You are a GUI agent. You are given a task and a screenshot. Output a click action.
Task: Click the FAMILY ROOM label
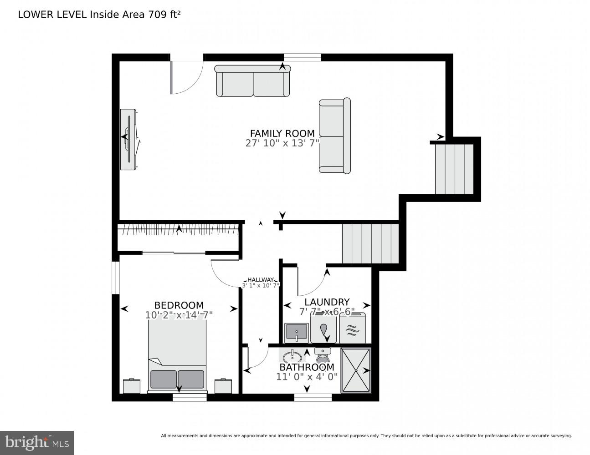pyautogui.click(x=282, y=133)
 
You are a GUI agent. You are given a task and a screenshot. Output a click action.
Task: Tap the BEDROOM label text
pyautogui.click(x=179, y=305)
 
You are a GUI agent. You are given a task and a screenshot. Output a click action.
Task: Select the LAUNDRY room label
pyautogui.click(x=327, y=302)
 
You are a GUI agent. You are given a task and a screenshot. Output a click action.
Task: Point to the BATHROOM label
pyautogui.click(x=307, y=367)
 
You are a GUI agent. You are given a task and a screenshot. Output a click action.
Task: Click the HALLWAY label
pyautogui.click(x=261, y=280)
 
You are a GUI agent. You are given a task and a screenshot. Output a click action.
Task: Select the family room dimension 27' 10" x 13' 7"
pyautogui.click(x=282, y=143)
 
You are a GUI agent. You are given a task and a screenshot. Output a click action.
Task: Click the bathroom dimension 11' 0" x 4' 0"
pyautogui.click(x=307, y=377)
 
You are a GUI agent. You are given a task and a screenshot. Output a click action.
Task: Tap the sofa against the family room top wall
pyautogui.click(x=252, y=81)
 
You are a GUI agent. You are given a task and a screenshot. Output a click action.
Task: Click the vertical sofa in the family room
pyautogui.click(x=334, y=136)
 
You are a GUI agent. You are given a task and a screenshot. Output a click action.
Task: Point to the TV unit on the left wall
pyautogui.click(x=128, y=139)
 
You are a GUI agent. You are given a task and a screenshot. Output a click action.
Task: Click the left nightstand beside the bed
pyautogui.click(x=132, y=386)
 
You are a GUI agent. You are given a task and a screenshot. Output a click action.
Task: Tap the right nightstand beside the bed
pyautogui.click(x=223, y=386)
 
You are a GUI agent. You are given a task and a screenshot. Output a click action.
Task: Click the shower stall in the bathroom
pyautogui.click(x=356, y=370)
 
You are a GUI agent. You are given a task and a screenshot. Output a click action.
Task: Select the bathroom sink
pyautogui.click(x=292, y=356)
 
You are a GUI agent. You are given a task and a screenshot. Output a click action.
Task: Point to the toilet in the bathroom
pyautogui.click(x=323, y=354)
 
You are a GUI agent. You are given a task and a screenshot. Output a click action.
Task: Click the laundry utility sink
pyautogui.click(x=297, y=333)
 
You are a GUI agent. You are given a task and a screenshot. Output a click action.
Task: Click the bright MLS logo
pyautogui.click(x=37, y=442)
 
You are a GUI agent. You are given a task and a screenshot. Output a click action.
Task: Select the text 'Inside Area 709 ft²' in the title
pyautogui.click(x=135, y=14)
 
